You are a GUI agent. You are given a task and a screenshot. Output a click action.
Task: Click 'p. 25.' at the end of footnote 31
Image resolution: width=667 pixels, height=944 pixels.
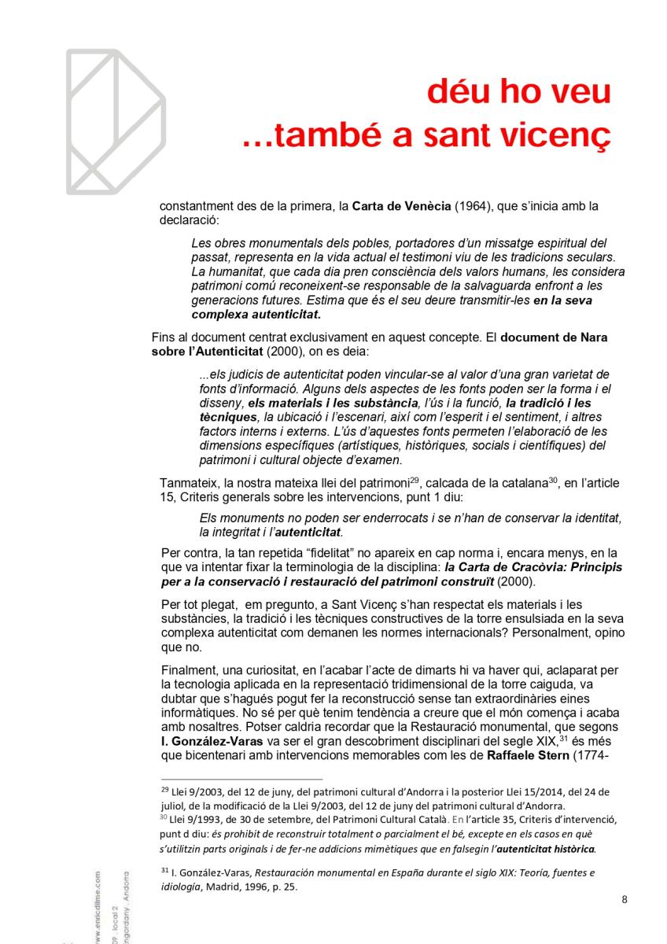pos(282,886)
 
